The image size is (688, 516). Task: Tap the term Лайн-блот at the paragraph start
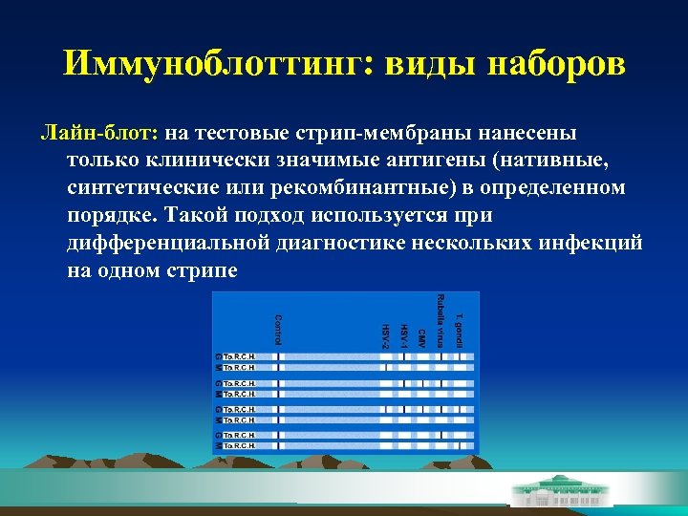tap(99, 133)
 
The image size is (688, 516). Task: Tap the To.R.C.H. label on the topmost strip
tap(239, 355)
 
